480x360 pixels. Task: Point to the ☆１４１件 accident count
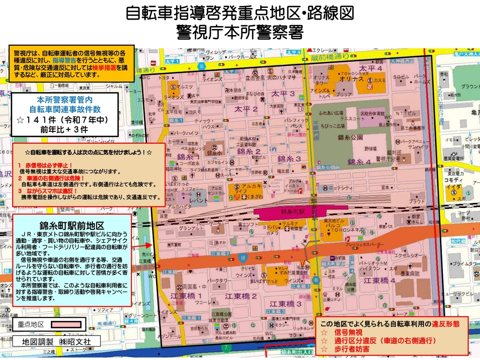[65, 120]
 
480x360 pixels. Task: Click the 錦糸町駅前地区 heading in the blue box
[72, 225]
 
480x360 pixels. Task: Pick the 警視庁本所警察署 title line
[240, 32]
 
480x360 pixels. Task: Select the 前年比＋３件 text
[64, 129]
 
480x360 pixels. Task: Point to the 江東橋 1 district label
[186, 296]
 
